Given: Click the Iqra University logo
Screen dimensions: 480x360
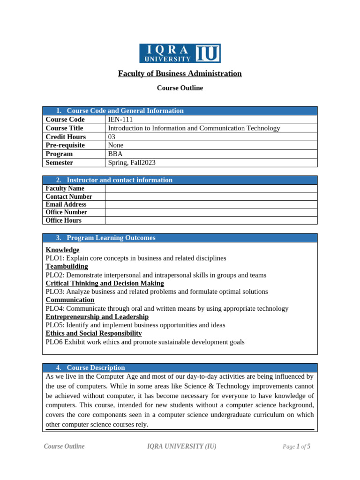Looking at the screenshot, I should (x=180, y=53).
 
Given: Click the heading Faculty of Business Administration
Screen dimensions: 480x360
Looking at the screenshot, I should (x=180, y=74).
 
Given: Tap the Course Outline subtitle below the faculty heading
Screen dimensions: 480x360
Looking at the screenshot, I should (x=180, y=88).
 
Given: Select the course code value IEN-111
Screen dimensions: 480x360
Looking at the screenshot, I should (x=120, y=120).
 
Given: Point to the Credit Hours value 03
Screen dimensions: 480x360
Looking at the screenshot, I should (x=112, y=137).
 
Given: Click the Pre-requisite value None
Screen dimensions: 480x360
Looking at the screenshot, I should (x=116, y=145).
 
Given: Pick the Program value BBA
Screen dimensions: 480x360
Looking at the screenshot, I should (x=115, y=154).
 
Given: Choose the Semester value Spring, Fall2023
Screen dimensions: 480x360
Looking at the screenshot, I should (x=132, y=163).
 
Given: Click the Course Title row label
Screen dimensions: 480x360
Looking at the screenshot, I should (x=64, y=128).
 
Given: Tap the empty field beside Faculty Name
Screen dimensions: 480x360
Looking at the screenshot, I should (x=211, y=188).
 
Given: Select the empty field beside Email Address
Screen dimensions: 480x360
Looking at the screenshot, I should (x=211, y=204).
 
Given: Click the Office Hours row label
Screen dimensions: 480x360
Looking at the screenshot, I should (x=63, y=220).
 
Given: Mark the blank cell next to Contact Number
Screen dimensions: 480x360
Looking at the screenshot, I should (x=211, y=196).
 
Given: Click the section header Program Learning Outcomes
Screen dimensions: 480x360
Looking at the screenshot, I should (x=111, y=238).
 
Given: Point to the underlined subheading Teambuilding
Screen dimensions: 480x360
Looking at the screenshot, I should (x=67, y=266).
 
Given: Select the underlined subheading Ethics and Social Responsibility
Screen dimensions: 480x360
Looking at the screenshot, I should (x=94, y=333).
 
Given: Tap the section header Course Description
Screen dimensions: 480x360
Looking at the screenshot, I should (x=96, y=367).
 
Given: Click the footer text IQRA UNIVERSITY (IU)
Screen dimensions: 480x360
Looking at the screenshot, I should (x=182, y=446).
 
